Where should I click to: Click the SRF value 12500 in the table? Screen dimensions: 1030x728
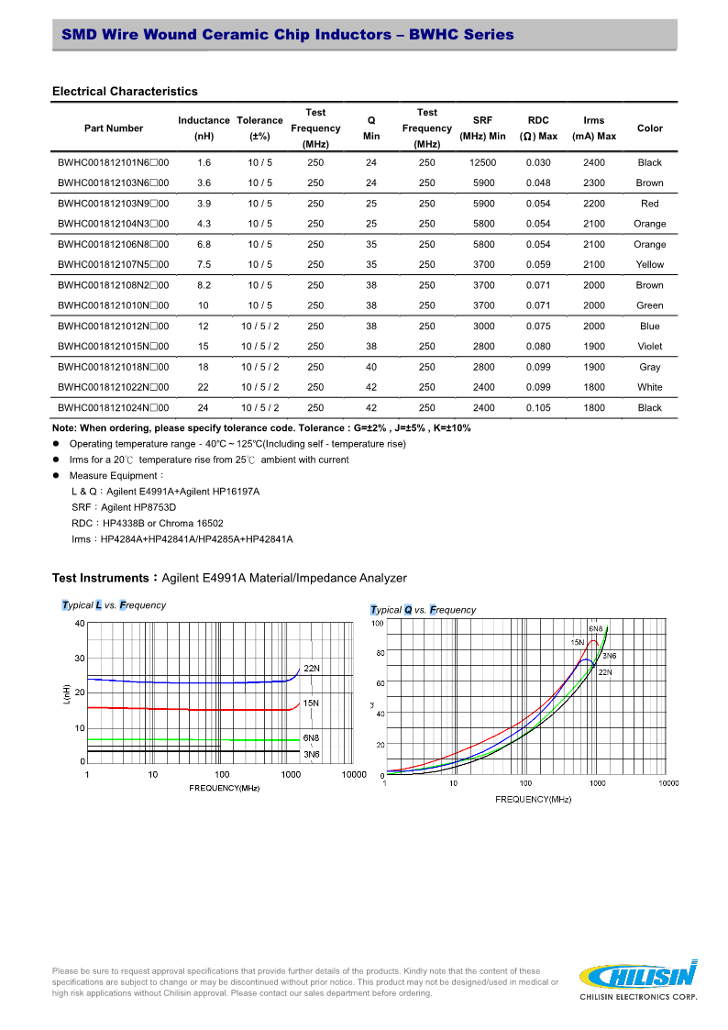coord(482,162)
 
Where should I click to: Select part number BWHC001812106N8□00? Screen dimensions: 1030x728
coord(113,244)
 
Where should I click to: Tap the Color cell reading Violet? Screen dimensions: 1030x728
coord(649,347)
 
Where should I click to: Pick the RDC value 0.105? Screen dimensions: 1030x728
coord(538,407)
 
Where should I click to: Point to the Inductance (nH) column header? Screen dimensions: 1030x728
coord(204,128)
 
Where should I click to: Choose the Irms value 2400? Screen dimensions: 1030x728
coord(593,162)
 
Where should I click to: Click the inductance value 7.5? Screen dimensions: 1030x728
coord(204,264)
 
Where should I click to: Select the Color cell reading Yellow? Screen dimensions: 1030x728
coord(649,264)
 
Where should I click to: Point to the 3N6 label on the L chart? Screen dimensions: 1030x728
coord(311,754)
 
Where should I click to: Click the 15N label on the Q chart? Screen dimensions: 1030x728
coord(578,642)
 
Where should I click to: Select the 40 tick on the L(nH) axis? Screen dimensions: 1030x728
coord(80,624)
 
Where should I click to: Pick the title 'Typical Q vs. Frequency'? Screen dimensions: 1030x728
coord(423,610)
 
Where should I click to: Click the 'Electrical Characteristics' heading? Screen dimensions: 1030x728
coord(125,91)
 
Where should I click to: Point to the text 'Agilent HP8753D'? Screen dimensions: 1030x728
coord(138,507)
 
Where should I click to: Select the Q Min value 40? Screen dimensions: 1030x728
coord(371,367)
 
